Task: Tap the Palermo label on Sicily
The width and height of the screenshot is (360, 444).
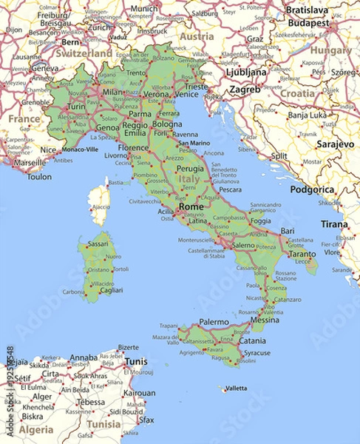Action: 214,323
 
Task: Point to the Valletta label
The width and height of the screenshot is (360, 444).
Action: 236,388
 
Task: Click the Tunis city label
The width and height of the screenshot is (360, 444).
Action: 135,362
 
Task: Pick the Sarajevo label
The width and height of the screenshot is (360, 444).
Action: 336,144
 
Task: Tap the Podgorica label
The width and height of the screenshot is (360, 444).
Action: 312,189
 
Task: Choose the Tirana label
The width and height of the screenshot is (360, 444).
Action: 334,224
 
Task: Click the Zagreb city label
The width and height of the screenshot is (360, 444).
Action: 245,89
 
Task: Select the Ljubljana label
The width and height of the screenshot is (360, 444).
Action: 247,73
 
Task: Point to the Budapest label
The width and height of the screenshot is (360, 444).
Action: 309,23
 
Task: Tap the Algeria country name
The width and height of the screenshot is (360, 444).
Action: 36,430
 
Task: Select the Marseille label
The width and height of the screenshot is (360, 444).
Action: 30,163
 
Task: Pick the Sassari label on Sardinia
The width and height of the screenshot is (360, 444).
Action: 98,243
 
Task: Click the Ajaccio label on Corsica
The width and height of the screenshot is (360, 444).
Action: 100,207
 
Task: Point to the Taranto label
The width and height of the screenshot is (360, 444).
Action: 302,254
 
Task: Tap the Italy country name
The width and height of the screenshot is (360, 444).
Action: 189,180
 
